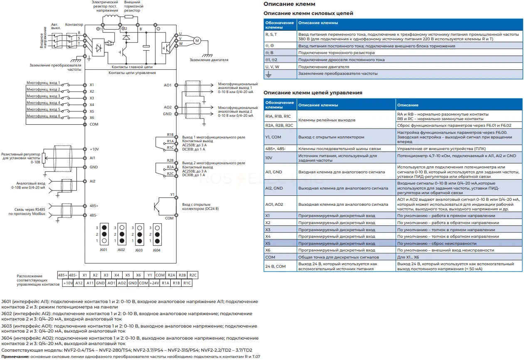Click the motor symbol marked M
coord(197,41)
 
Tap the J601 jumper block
coord(104,234)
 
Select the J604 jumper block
coord(157,234)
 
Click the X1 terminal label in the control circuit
coord(92,85)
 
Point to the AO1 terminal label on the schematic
coord(167,85)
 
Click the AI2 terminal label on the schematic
coord(92,181)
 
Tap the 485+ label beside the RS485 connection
coord(94,206)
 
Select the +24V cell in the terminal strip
coord(154,283)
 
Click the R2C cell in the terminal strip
coord(193,275)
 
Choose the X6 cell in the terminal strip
coord(138,275)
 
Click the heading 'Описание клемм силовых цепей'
coord(308,13)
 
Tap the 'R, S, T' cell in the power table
coord(280,37)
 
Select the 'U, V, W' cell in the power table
coord(280,67)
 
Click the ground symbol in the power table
coord(268,74)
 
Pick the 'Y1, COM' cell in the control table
coord(280,137)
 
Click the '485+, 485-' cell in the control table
coord(280,149)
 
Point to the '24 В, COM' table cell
coord(280,266)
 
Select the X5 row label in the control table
coord(268,244)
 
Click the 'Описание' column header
coord(408,105)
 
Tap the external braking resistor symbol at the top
coord(129,17)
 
